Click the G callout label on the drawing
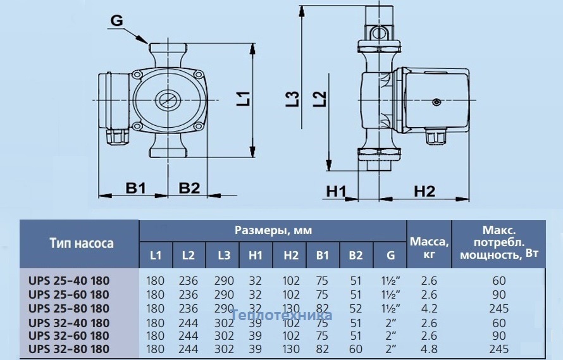click(x=116, y=20)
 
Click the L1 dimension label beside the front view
click(x=243, y=99)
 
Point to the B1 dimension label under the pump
click(x=136, y=187)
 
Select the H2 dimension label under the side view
click(x=424, y=192)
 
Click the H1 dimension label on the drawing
click(x=336, y=192)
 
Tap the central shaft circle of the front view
click(x=167, y=100)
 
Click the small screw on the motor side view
click(x=436, y=102)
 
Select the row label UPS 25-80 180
click(x=69, y=309)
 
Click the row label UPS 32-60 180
click(x=69, y=335)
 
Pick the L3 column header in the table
click(x=224, y=255)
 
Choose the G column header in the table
click(x=391, y=255)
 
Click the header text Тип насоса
click(x=82, y=243)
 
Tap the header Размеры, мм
click(x=273, y=230)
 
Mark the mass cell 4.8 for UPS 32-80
click(x=429, y=349)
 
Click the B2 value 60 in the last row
click(x=356, y=349)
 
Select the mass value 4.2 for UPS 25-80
click(x=429, y=309)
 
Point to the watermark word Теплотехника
click(x=281, y=315)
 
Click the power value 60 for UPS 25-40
click(x=499, y=281)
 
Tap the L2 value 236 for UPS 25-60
click(x=188, y=295)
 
